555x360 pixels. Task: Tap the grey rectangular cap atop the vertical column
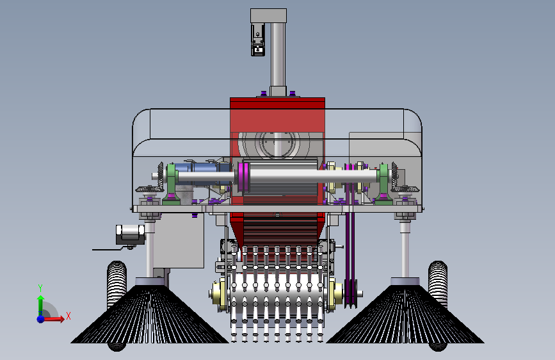point(268,15)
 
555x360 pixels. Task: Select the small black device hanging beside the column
point(258,40)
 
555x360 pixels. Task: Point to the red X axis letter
point(68,316)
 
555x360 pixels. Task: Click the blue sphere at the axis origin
point(41,319)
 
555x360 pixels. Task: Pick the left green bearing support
point(172,184)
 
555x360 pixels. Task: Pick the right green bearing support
point(383,184)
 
